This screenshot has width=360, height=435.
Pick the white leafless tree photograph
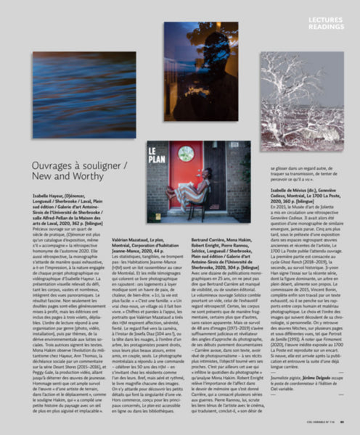click(303, 99)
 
